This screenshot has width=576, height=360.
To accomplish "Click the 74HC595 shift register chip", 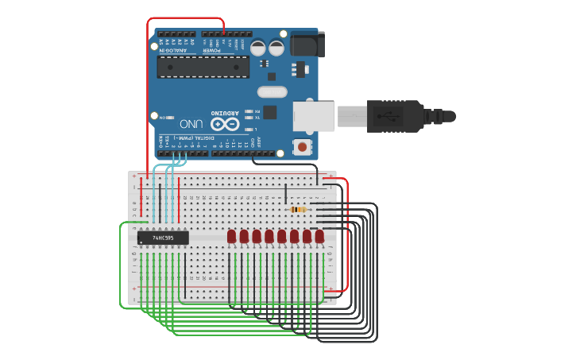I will pyautogui.click(x=163, y=237).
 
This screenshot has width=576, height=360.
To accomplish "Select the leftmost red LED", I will pyautogui.click(x=231, y=236).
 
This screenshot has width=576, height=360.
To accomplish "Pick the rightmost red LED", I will pyautogui.click(x=319, y=236).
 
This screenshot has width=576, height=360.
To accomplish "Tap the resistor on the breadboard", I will pyautogui.click(x=299, y=209).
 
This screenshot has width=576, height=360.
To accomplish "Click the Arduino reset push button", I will pyautogui.click(x=302, y=146).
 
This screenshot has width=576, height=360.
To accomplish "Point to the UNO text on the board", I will pyautogui.click(x=191, y=124).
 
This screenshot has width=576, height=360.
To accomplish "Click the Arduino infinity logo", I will pyautogui.click(x=224, y=125).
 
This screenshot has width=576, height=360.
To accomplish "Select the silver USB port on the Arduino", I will pyautogui.click(x=313, y=116).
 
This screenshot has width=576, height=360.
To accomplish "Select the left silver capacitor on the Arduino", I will pyautogui.click(x=259, y=48).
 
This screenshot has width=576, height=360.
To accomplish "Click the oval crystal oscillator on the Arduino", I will pyautogui.click(x=272, y=91).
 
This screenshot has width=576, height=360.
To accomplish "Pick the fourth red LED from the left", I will pyautogui.click(x=269, y=236).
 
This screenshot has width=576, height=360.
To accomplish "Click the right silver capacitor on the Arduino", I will pyautogui.click(x=276, y=48).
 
